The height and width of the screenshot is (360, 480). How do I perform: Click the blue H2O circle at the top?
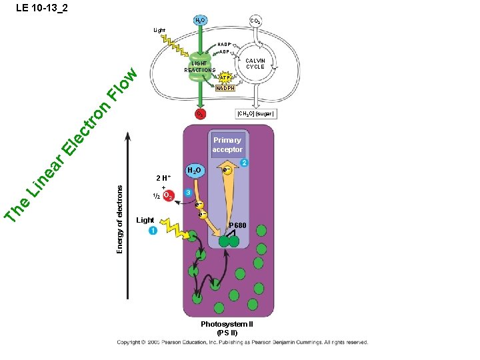199,21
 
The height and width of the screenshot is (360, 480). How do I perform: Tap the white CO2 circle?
255,22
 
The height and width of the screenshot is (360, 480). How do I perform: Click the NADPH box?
225,89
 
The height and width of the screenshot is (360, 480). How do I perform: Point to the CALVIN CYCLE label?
255,63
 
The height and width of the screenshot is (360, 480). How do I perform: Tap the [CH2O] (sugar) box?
256,114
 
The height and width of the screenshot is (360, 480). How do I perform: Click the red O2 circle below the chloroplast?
199,114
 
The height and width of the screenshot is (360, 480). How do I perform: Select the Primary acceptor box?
227,145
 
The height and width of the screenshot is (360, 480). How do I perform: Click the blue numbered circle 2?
245,163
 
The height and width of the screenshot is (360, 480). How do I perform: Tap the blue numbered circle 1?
153,231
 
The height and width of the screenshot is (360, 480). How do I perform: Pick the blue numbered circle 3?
189,193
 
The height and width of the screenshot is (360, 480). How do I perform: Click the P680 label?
238,226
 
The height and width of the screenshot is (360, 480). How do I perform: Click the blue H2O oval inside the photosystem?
195,171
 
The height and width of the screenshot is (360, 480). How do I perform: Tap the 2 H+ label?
163,178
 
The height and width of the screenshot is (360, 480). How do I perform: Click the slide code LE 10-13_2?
41,8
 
